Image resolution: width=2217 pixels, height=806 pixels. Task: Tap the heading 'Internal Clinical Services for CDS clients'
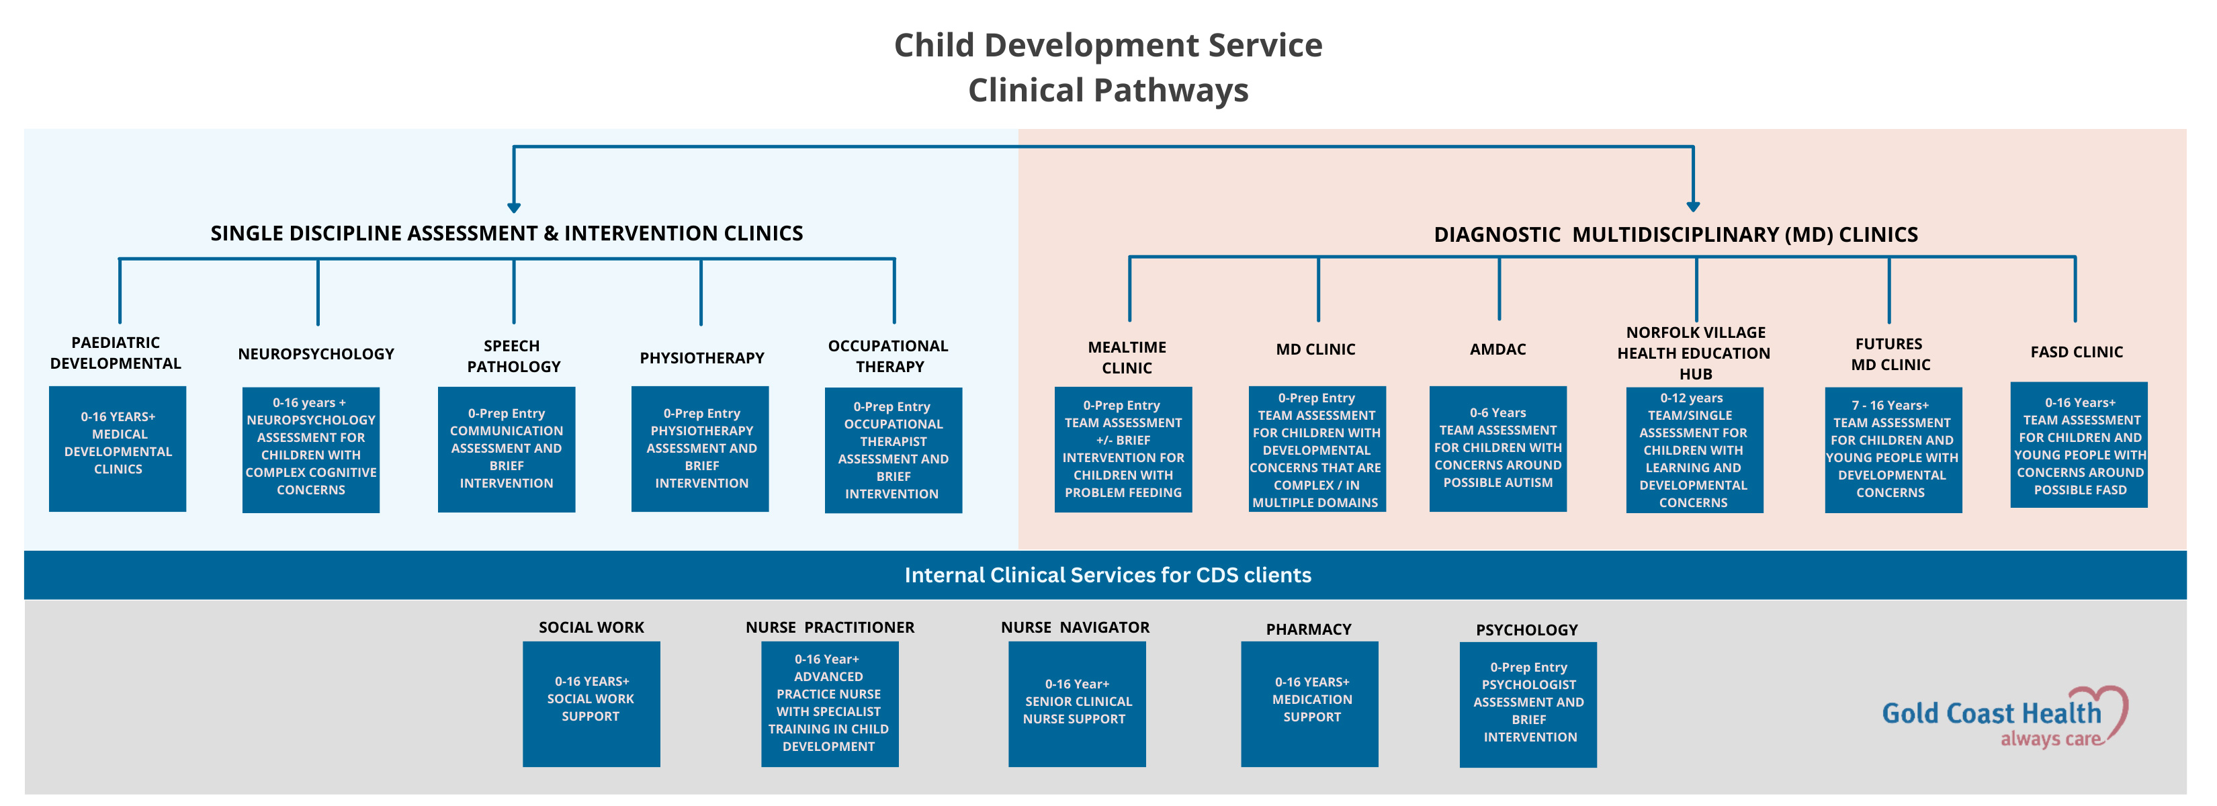(x=1108, y=574)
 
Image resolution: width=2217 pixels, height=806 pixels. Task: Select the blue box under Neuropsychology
(x=310, y=450)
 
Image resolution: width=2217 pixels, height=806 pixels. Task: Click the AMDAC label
(x=1497, y=349)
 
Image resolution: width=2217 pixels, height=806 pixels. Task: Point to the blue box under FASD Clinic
(x=2079, y=445)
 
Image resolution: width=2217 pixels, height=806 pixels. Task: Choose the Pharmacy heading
(x=1308, y=629)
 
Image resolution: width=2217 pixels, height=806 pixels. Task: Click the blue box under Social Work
(x=591, y=704)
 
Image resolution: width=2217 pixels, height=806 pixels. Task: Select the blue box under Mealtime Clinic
(x=1123, y=449)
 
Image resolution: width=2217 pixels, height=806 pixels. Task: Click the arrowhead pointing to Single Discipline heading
(x=514, y=208)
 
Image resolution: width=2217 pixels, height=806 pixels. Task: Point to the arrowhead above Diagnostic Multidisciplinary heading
(x=1693, y=206)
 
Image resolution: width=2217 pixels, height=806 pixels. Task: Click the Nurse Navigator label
(x=1075, y=627)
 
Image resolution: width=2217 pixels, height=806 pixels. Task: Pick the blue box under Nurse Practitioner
(x=830, y=704)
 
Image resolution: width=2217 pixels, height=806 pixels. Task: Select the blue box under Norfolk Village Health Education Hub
(x=1694, y=450)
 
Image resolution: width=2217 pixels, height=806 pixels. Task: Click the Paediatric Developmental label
(x=116, y=353)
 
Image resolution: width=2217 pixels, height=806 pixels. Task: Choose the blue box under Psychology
(x=1528, y=705)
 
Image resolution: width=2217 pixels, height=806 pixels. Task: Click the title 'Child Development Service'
(x=1108, y=45)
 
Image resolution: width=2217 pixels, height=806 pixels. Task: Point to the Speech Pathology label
(x=513, y=356)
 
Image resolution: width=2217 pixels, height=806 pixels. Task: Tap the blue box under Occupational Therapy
(x=894, y=450)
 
